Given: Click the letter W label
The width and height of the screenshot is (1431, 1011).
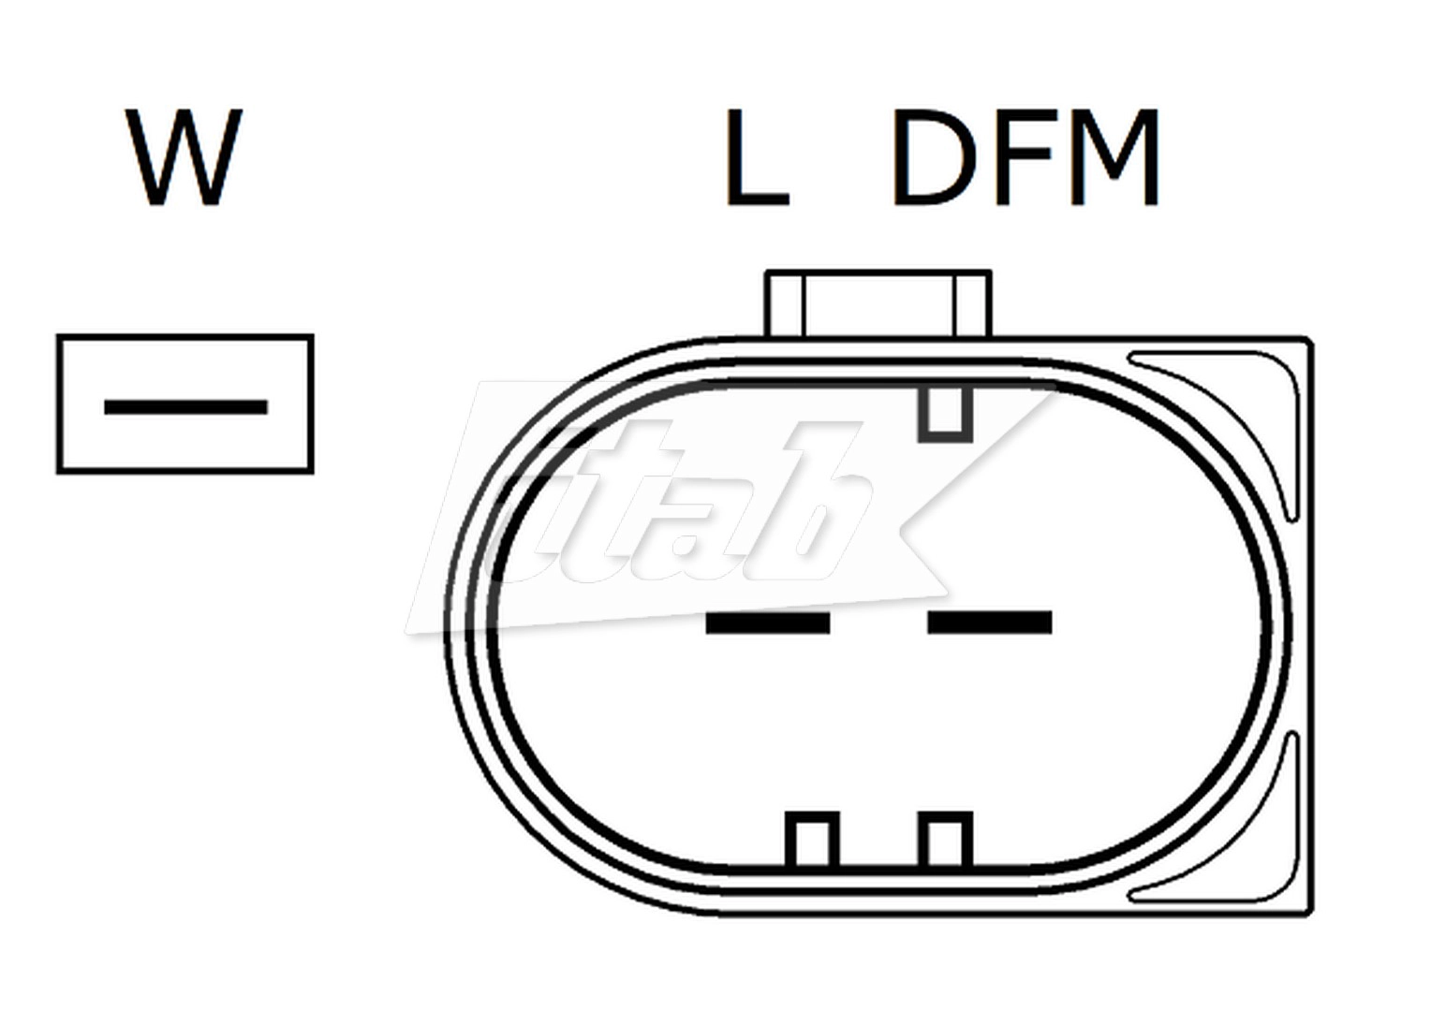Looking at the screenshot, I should click(184, 157).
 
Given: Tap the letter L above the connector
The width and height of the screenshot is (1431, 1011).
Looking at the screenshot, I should click(755, 157).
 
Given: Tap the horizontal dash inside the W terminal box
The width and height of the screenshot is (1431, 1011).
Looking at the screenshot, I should click(185, 407).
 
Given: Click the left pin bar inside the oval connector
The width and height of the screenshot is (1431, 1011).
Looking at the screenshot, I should click(767, 623).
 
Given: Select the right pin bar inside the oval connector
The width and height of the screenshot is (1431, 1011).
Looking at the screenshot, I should click(989, 623).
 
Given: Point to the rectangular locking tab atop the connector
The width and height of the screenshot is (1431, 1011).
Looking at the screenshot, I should click(878, 303).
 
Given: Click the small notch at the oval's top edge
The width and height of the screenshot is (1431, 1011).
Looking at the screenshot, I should click(944, 413).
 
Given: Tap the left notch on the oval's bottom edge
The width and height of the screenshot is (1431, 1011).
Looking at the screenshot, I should click(811, 839).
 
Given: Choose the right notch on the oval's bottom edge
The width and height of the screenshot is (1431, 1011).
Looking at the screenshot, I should click(944, 839).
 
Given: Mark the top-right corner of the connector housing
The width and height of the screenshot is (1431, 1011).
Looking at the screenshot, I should click(1309, 340).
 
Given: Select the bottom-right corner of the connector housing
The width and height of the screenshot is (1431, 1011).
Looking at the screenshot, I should click(1309, 913).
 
